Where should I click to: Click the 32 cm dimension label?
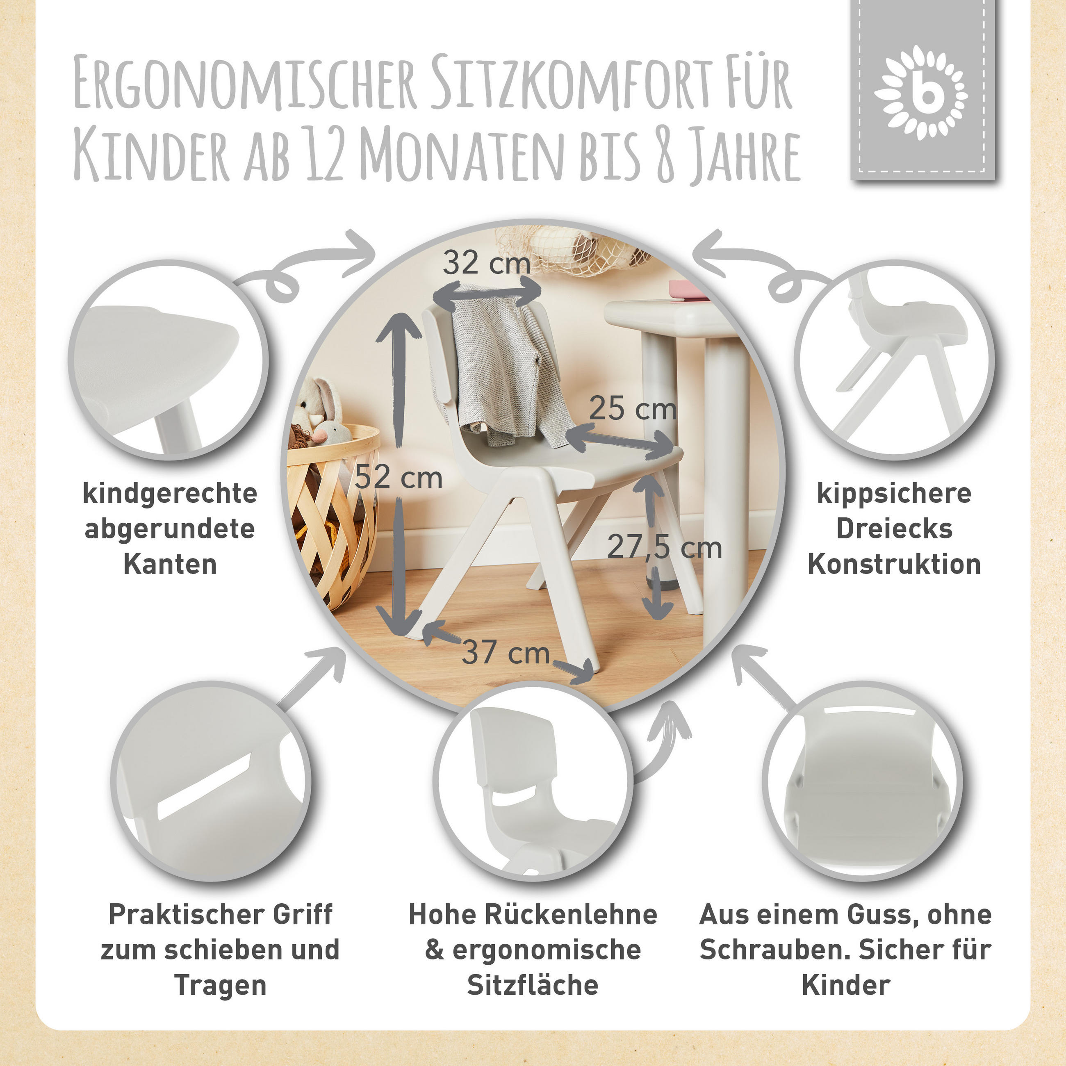click(486, 263)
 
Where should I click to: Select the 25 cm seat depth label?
click(632, 409)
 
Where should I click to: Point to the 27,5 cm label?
click(664, 547)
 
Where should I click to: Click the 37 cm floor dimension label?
click(506, 652)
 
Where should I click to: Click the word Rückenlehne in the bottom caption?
click(571, 914)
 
